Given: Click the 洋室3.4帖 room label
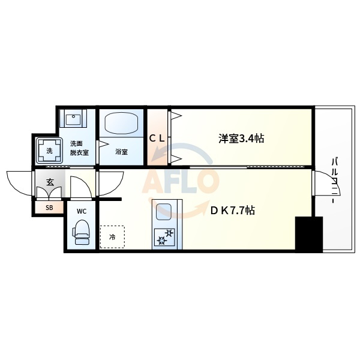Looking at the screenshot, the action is point(241,139).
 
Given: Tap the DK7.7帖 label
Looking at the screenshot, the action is point(232,210).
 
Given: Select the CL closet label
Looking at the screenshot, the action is point(157,138).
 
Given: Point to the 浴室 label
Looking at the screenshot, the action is point(121,152).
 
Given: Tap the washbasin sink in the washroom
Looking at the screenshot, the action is point(73,119).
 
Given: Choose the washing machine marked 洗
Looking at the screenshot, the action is point(49,151).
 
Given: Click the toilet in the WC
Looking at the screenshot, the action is point(81,232).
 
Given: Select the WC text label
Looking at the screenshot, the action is point(82,211).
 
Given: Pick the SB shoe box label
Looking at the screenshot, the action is point(49,208).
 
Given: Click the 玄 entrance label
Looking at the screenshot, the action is point(50,182).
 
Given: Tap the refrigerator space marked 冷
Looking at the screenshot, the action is point(112,237).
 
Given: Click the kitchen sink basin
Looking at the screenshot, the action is point(164,212).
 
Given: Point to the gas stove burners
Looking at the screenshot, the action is point(164,237).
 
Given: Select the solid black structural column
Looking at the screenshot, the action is point(309,234).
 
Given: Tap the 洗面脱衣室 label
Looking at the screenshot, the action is point(79,148).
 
